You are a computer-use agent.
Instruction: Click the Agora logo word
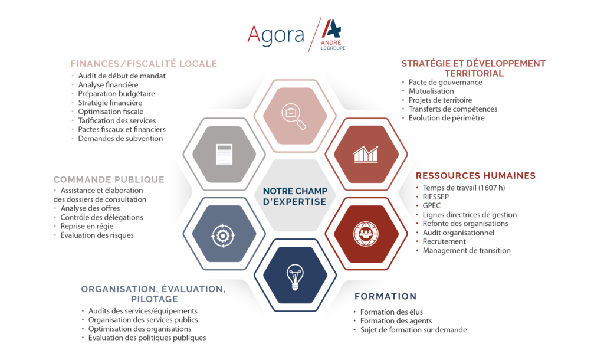(x=275, y=35)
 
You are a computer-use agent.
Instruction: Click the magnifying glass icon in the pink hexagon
(x=294, y=116)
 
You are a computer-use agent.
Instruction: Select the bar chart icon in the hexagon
(x=366, y=154)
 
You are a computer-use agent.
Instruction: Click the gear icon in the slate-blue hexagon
(x=222, y=235)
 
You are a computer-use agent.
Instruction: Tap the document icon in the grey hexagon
(x=224, y=154)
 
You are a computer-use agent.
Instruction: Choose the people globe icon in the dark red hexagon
(x=366, y=234)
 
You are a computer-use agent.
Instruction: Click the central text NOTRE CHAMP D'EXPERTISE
(x=295, y=196)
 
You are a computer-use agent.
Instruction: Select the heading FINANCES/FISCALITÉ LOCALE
(x=144, y=64)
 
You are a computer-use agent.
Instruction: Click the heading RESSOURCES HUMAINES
(x=476, y=176)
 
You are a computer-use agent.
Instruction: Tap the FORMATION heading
(x=386, y=296)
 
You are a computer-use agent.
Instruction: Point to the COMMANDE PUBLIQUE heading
(x=109, y=179)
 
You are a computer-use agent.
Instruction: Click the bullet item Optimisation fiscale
(x=110, y=112)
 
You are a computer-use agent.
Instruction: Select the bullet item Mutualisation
(x=431, y=91)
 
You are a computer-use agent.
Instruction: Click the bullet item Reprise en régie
(x=87, y=226)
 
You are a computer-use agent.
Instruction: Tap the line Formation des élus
(x=392, y=312)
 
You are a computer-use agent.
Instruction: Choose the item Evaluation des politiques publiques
(x=147, y=338)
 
